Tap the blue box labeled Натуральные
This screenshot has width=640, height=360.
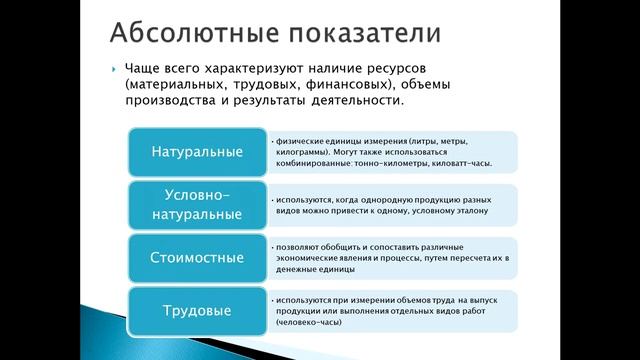(198, 152)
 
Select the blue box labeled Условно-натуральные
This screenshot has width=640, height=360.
(198, 203)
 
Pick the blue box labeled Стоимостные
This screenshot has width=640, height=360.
(198, 258)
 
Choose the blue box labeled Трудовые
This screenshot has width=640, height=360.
(198, 310)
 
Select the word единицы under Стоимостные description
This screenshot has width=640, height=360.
(338, 269)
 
